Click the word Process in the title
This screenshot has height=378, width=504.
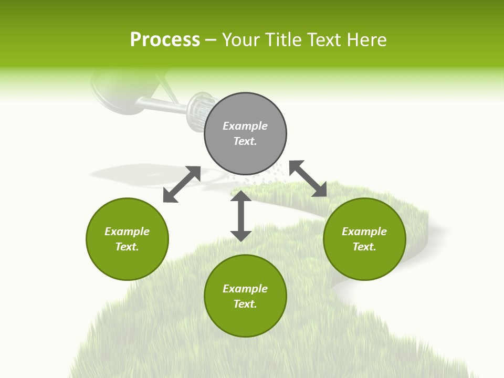click(x=165, y=40)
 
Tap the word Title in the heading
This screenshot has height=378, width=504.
click(x=282, y=40)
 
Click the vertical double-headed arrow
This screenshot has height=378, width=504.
click(x=241, y=216)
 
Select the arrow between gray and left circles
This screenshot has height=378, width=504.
click(x=182, y=184)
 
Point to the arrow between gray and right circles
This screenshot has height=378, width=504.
click(x=308, y=178)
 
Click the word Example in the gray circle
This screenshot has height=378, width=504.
click(x=245, y=126)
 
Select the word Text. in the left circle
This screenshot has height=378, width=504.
click(x=127, y=247)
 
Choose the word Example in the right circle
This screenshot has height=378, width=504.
click(x=364, y=232)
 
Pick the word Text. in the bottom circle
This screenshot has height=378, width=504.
click(x=245, y=304)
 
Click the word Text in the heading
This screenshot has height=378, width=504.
click(x=324, y=40)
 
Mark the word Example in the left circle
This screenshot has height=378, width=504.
click(x=127, y=232)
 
